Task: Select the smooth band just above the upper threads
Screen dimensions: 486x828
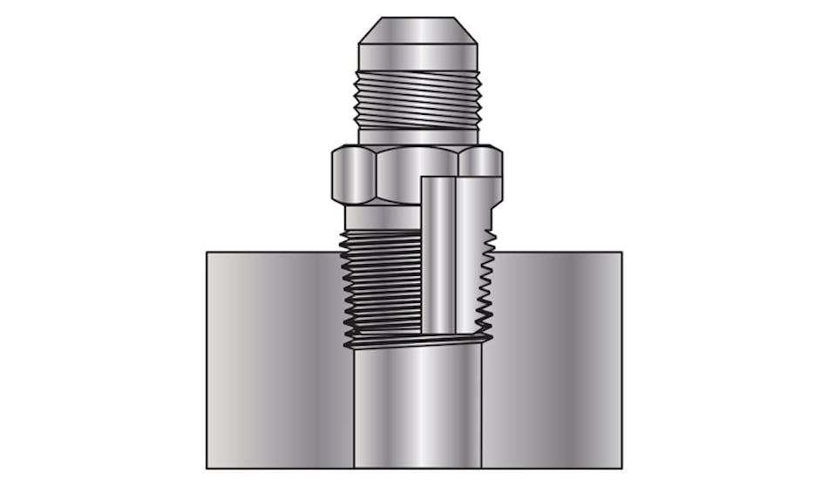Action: pos(417,57)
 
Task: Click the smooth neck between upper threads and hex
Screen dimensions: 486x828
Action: pos(417,137)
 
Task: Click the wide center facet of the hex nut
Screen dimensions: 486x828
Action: pos(410,165)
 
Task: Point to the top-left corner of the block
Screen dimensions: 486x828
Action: pos(207,253)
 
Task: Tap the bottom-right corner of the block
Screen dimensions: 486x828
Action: pos(621,468)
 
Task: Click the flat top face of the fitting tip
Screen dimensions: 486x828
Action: pos(417,18)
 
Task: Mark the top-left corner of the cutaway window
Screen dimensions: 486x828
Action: pos(422,178)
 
